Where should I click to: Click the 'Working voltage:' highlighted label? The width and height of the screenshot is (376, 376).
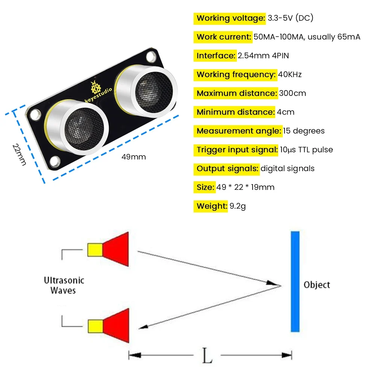[230, 18]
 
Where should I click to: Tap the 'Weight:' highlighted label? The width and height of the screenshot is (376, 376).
[211, 206]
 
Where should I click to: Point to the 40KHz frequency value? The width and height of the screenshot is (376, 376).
[290, 74]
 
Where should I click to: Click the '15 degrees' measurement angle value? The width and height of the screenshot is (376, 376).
[304, 131]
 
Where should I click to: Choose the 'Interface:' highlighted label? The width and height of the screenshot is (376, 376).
[215, 56]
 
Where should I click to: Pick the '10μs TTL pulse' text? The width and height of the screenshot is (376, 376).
[306, 150]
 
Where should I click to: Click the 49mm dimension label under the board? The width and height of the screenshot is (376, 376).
[133, 157]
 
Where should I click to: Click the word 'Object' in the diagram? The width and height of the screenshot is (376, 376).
[317, 285]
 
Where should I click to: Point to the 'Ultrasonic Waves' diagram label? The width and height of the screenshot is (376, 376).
[64, 285]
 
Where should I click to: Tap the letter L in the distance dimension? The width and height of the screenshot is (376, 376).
[207, 356]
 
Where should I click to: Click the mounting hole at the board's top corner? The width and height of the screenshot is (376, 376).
[151, 57]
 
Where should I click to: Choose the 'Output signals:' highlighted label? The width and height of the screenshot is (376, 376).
[227, 168]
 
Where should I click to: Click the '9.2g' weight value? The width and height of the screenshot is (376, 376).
[238, 206]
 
